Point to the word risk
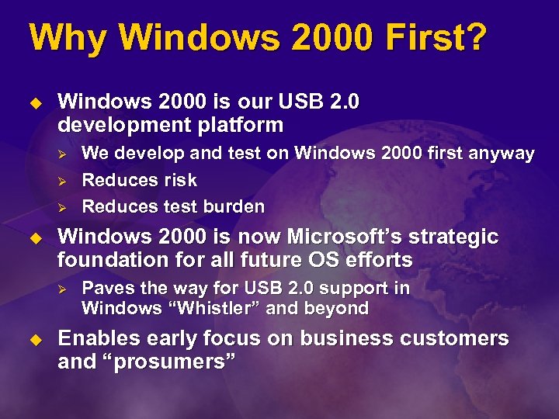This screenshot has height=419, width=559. pos(180,180)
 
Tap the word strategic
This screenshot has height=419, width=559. pos(460,237)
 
